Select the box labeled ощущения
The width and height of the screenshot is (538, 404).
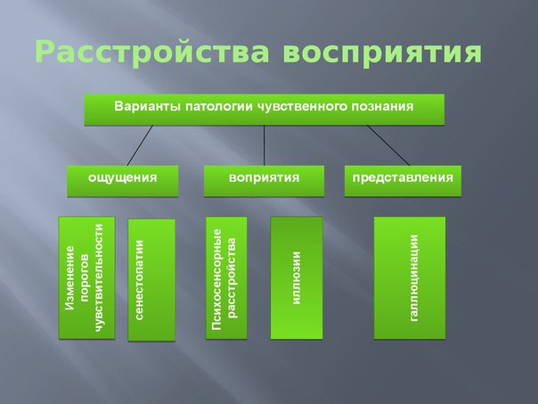point(122,178)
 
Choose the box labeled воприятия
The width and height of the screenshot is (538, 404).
point(263,178)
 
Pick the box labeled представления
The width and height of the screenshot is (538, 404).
point(403,178)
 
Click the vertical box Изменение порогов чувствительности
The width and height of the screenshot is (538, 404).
point(86,277)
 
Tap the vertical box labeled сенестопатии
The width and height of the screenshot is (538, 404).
point(151,279)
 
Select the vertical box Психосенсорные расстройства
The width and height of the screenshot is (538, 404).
point(226,277)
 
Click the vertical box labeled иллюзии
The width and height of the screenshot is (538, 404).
point(296,277)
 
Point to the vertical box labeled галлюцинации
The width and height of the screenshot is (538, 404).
point(409,277)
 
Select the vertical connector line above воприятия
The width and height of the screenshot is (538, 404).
point(265,144)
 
